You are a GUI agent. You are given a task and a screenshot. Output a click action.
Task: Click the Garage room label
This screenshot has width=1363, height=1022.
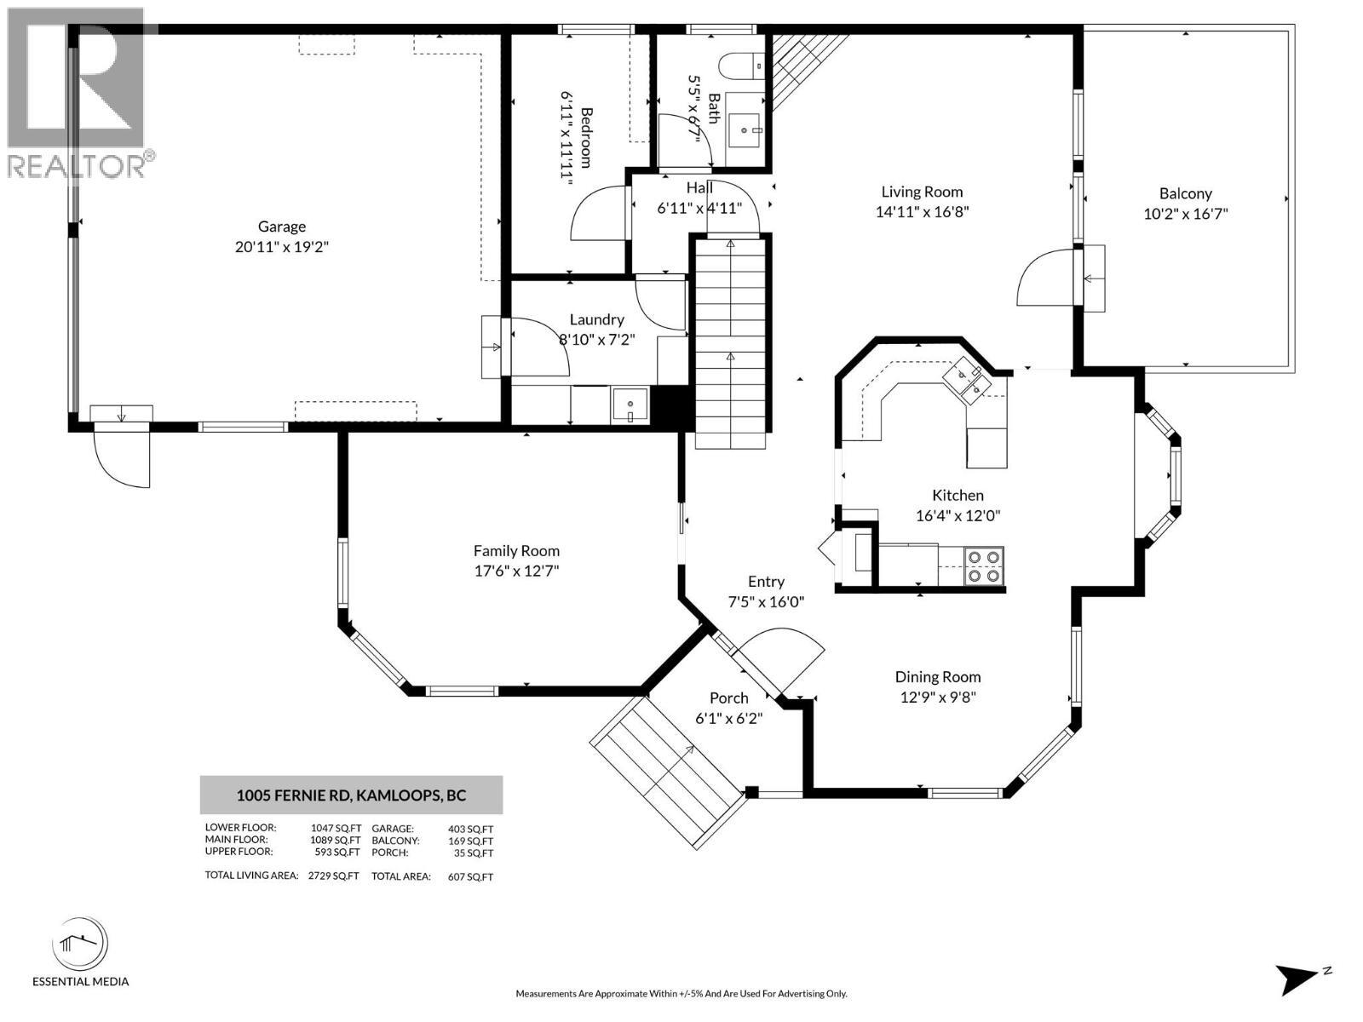point(282,227)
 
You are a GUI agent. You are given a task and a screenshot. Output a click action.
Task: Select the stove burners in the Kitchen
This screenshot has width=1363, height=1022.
point(984,566)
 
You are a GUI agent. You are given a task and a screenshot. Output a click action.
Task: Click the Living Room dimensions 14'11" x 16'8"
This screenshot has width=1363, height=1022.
point(922,212)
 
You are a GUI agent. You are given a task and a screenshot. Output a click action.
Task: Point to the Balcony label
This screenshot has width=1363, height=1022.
point(1185,193)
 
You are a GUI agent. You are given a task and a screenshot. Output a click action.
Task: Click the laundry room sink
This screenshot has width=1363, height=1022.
point(630,405)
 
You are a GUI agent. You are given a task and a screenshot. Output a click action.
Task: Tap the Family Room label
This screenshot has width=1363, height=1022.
point(516,551)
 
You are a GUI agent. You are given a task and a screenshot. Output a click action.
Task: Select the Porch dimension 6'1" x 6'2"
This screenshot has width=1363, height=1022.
point(728,718)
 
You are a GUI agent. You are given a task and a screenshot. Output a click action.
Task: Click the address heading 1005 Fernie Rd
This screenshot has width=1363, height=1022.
point(351,795)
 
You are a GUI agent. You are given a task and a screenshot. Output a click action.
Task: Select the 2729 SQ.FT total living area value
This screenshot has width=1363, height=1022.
point(334,876)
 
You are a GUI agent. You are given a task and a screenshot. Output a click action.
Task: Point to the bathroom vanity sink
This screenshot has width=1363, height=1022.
point(748,130)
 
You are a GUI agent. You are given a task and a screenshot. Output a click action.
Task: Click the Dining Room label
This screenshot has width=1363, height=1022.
point(937,677)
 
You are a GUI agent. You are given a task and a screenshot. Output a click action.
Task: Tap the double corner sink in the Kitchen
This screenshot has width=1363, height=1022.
point(967,379)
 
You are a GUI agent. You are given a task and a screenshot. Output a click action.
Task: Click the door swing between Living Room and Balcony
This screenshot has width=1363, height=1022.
point(1046,278)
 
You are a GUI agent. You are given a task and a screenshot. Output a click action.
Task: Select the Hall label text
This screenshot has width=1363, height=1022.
point(699,187)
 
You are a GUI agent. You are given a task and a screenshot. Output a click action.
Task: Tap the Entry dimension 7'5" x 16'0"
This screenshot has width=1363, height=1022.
point(766,601)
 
